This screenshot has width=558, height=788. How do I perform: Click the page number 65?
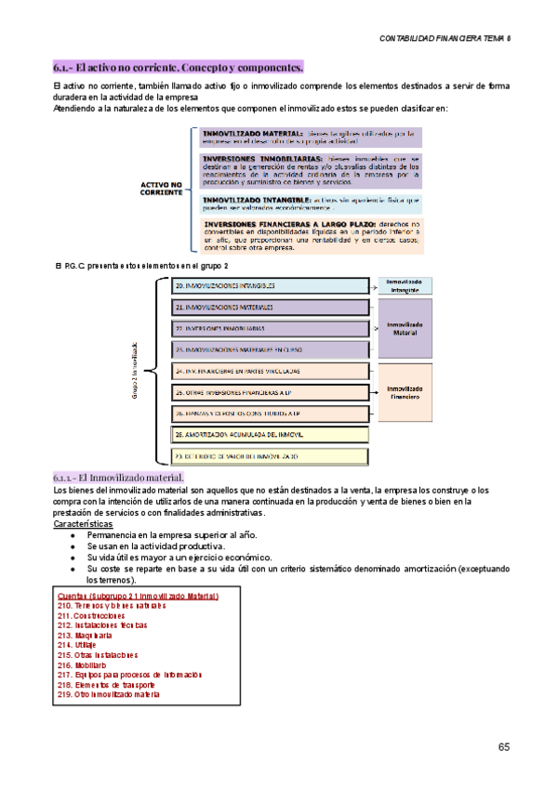pos(503,747)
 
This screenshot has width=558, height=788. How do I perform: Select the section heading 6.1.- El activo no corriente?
pos(178,68)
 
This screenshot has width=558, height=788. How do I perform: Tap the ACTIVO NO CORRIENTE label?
pos(162,190)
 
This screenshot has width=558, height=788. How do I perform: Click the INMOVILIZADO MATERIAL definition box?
pos(312,138)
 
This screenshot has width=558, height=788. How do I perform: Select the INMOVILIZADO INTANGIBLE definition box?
pos(312,204)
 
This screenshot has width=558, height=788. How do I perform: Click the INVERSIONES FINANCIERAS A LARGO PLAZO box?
pos(312,236)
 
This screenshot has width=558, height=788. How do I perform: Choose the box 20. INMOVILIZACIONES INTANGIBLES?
pos(270,285)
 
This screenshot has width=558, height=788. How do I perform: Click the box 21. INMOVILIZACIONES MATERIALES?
pos(270,306)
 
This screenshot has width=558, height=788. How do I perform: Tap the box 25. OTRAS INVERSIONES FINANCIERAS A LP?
pos(270,392)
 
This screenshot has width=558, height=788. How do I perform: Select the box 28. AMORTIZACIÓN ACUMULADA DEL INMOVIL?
pos(270,435)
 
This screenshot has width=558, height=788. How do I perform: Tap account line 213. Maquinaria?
pos(83,635)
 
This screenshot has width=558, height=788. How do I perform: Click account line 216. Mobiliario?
pos(82,665)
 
